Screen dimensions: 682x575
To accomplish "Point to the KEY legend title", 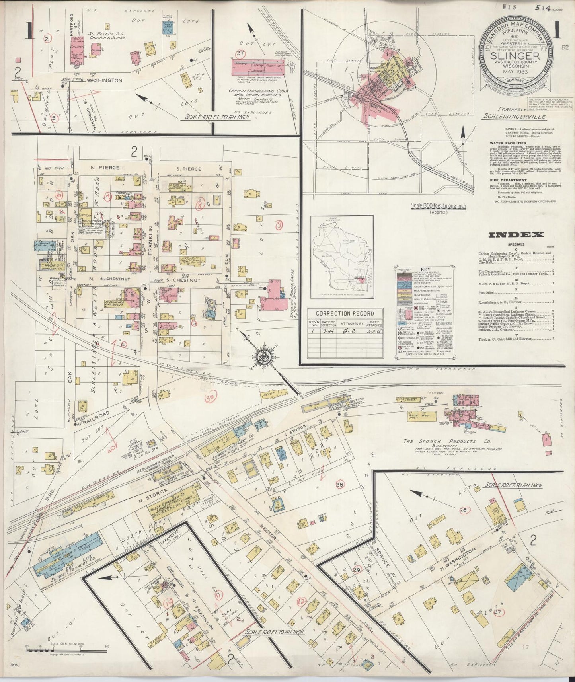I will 415,269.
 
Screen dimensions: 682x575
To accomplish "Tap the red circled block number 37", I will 240,53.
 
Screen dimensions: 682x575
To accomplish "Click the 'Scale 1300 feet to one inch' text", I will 439,206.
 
